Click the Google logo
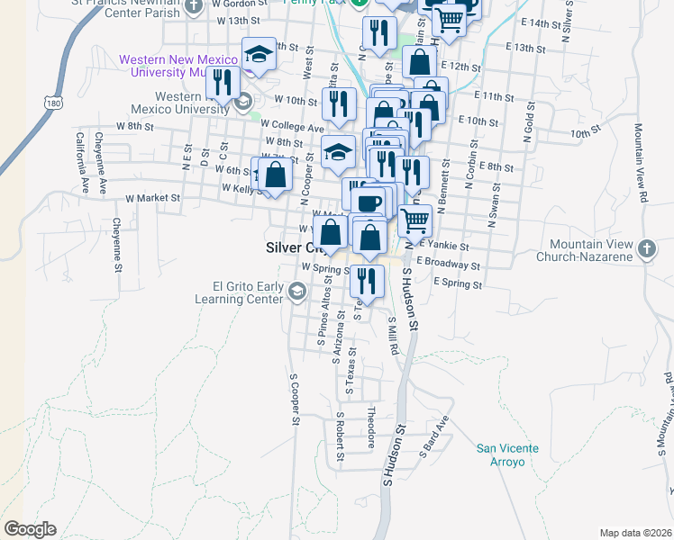30,528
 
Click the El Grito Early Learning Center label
241,294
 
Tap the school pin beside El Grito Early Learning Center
296,291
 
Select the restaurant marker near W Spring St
366,281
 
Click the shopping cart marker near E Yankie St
414,219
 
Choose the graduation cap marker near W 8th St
338,151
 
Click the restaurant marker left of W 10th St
221,83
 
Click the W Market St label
153,197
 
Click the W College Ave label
296,128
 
